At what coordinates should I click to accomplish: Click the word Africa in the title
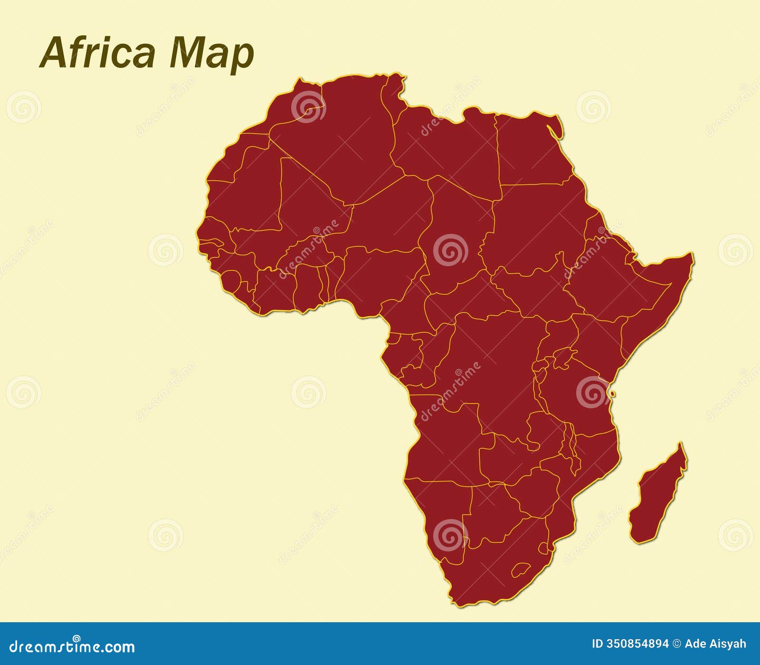pyautogui.click(x=97, y=52)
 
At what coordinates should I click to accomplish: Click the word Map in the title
pyautogui.click(x=212, y=53)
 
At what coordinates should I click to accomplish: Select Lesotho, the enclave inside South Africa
pyautogui.click(x=521, y=569)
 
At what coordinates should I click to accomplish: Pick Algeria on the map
pyautogui.click(x=342, y=143)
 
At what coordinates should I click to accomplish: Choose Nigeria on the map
pyautogui.click(x=380, y=276)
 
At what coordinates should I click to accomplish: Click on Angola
pyautogui.click(x=446, y=442)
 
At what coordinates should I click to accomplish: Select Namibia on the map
pyautogui.click(x=442, y=513)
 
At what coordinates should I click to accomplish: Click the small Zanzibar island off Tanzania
pyautogui.click(x=613, y=394)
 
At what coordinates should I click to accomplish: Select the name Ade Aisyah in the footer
pyautogui.click(x=715, y=644)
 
